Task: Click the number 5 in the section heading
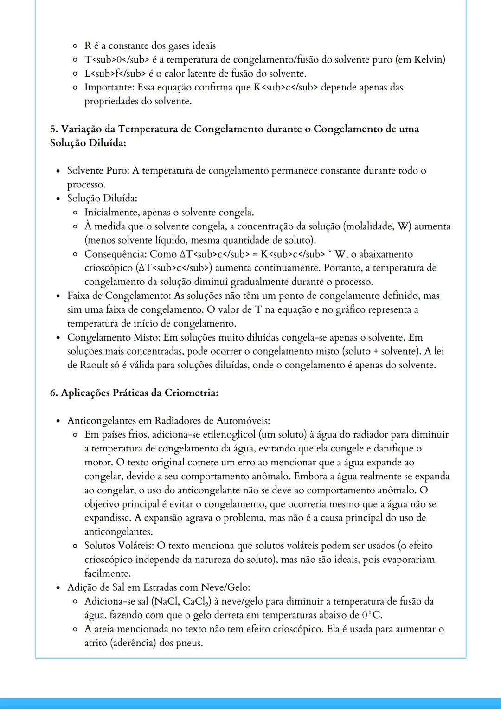(53, 129)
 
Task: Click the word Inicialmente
(111, 213)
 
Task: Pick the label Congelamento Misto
(113, 337)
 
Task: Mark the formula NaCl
(166, 602)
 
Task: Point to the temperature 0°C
(372, 615)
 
